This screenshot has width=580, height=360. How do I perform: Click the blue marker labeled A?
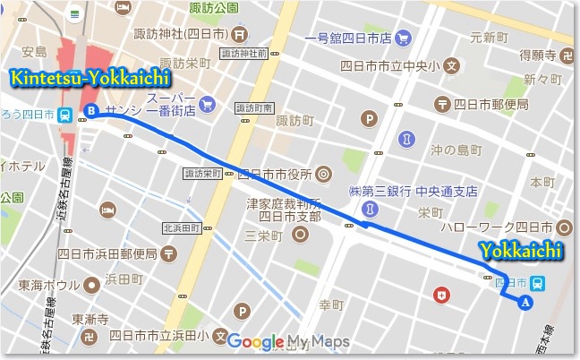[x=525, y=303]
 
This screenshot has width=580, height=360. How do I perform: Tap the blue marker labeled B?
[x=90, y=111]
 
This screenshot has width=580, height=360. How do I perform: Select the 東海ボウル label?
[x=49, y=286]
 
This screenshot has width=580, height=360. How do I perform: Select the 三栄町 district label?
[x=264, y=236]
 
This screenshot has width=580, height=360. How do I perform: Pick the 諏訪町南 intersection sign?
[x=253, y=107]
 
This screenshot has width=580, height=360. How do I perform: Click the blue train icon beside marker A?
[x=534, y=283]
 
